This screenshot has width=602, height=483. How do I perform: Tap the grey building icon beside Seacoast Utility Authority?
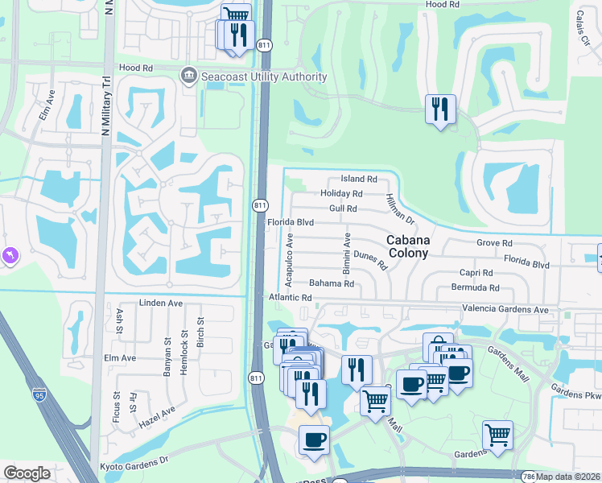[189, 76]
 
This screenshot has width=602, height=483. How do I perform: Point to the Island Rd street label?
[359, 179]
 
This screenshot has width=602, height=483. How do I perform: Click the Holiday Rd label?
[341, 194]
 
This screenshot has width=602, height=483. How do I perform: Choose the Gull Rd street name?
[343, 208]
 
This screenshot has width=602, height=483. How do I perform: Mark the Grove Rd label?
[494, 242]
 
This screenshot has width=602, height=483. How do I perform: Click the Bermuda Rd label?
[475, 287]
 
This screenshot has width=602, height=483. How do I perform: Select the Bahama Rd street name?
[332, 283]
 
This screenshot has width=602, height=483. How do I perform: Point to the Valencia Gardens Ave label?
[505, 309]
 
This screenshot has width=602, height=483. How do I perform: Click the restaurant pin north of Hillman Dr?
[440, 109]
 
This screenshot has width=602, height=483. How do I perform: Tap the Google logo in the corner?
[27, 473]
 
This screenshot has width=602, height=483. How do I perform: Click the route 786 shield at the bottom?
[528, 477]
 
